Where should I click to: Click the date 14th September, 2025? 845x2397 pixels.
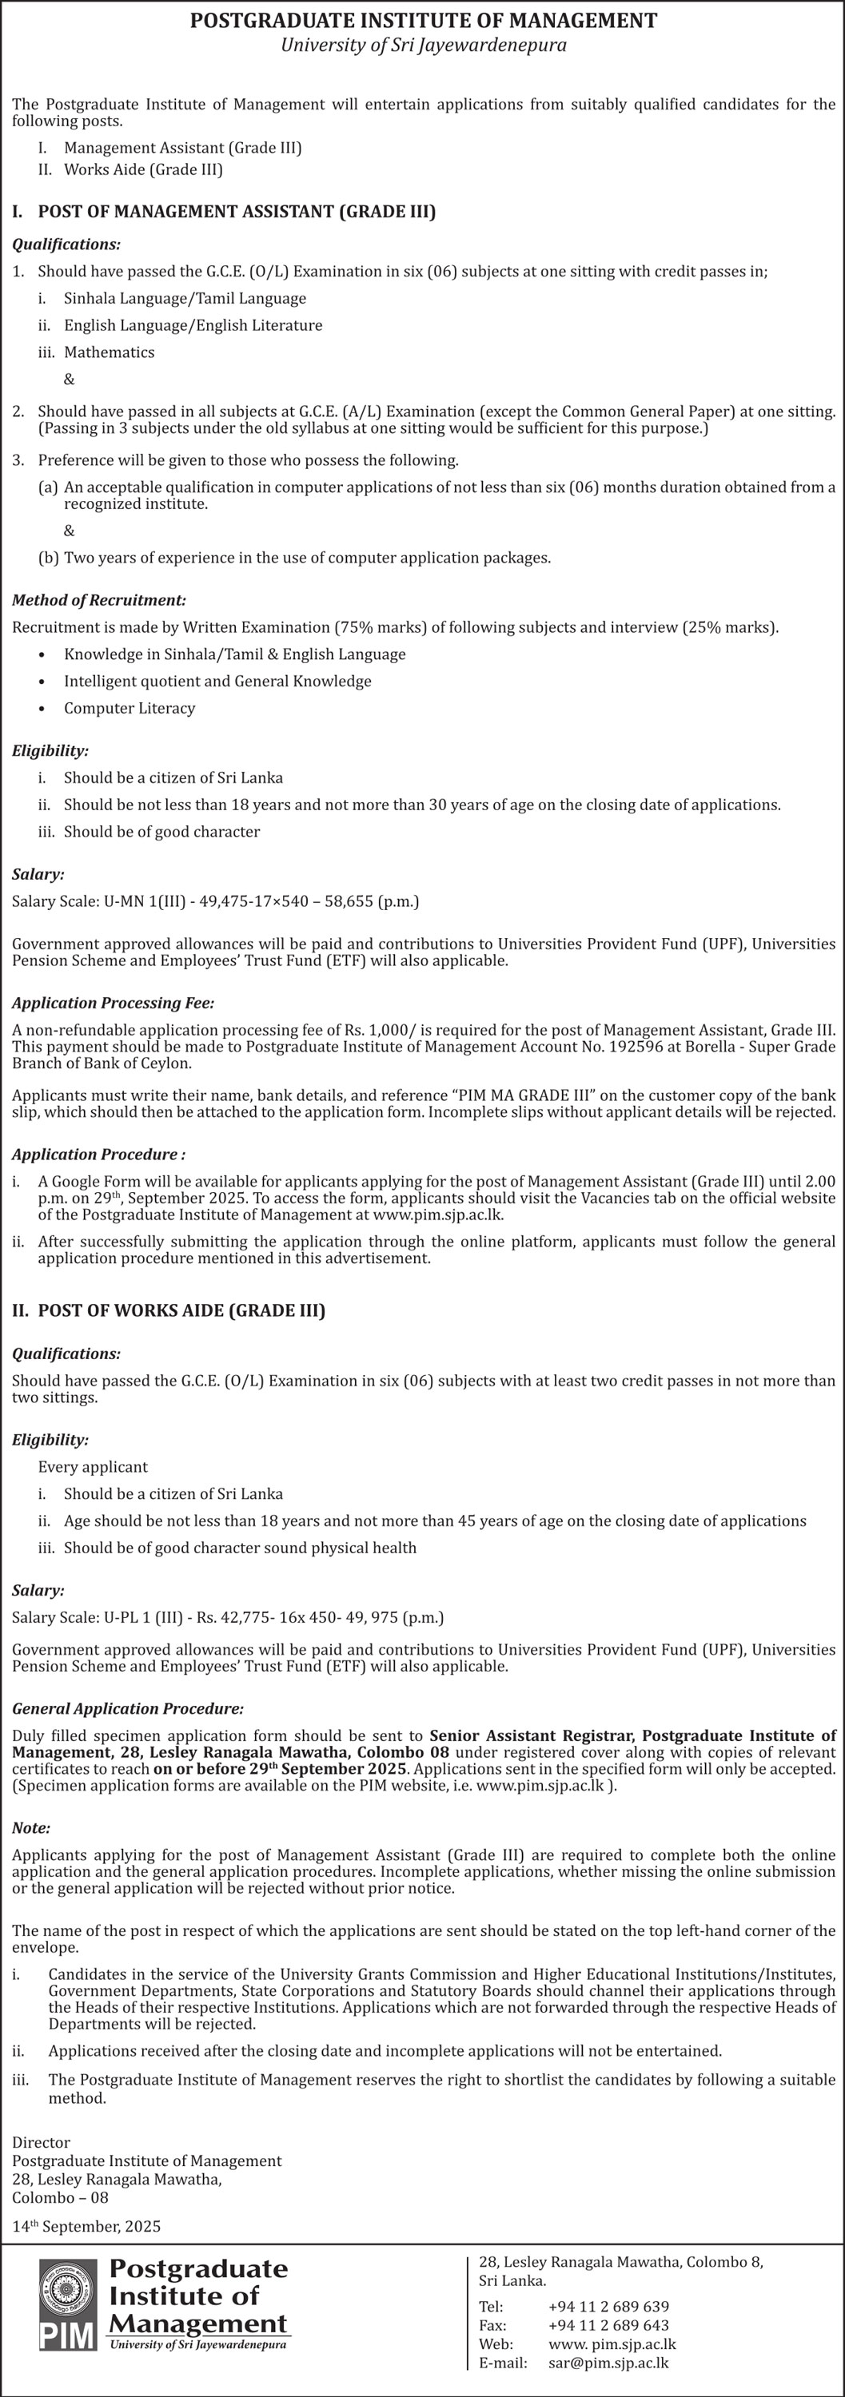[x=86, y=2226]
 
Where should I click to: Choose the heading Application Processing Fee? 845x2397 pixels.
[x=113, y=1002]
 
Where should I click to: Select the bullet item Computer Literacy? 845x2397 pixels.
[x=130, y=708]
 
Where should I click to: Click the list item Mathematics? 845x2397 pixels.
[x=109, y=352]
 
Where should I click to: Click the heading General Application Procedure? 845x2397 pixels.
[x=127, y=1707]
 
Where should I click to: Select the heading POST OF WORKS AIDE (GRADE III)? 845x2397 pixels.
[x=181, y=1310]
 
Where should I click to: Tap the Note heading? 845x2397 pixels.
[x=30, y=1827]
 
